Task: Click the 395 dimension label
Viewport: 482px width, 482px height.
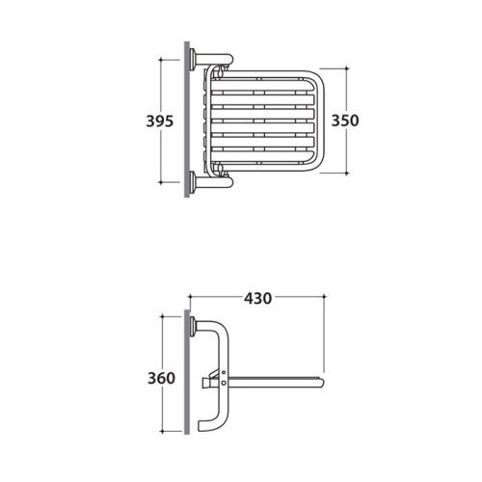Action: [160, 121]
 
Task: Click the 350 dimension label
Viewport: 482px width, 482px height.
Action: [345, 120]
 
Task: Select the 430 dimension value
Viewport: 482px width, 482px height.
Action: [257, 299]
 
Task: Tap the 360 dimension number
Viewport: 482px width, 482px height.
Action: [161, 378]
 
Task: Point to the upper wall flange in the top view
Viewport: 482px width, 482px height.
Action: [193, 60]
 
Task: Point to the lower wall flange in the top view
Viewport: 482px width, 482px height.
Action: [193, 182]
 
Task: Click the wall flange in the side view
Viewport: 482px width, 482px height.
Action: [193, 326]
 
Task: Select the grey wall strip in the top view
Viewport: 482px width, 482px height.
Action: [187, 120]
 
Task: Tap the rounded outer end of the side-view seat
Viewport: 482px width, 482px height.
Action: [320, 383]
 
